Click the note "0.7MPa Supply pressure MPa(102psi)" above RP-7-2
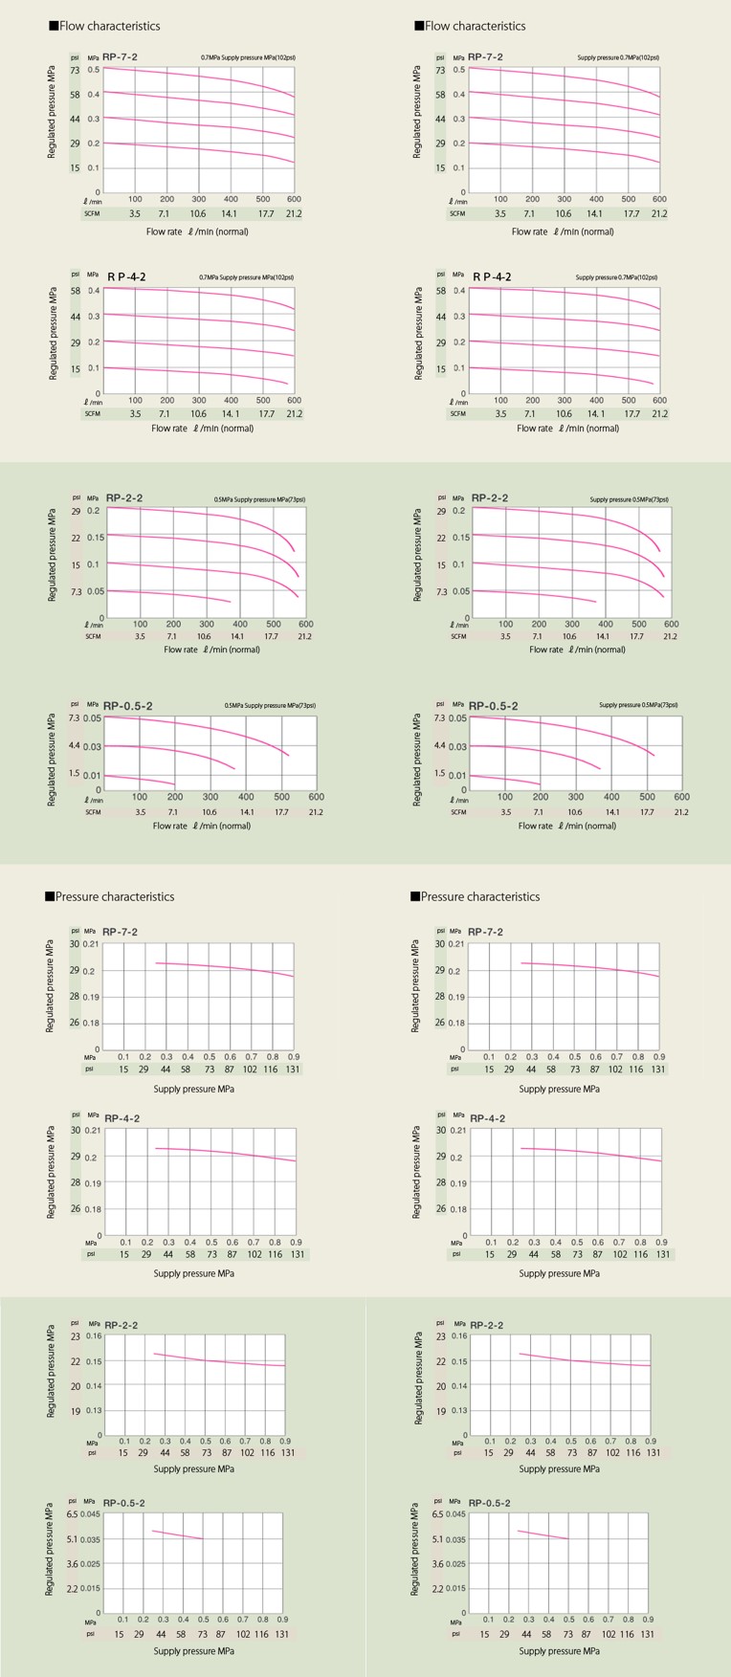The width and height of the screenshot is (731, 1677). pos(247,57)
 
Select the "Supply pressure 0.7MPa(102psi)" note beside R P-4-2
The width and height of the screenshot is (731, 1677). pos(616,277)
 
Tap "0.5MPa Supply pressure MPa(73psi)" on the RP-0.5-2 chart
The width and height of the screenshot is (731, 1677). pos(269,706)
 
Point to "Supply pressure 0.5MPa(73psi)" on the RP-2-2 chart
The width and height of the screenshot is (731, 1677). pos(629,499)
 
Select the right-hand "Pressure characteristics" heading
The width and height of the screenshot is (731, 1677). pos(475,896)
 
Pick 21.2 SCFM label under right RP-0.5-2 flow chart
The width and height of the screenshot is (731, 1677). pos(680,812)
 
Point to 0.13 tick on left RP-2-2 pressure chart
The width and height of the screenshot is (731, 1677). pos(94,1410)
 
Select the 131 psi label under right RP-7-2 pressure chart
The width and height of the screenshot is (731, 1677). pos(658,1069)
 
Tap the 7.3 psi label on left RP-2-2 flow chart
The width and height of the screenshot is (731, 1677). pos(77,591)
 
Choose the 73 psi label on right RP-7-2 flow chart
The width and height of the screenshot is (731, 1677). pos(440,70)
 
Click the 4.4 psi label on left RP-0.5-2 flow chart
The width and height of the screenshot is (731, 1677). pos(75,745)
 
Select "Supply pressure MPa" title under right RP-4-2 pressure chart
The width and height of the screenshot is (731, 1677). pos(559,1273)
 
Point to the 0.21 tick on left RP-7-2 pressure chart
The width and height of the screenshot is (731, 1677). pos(91,944)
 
